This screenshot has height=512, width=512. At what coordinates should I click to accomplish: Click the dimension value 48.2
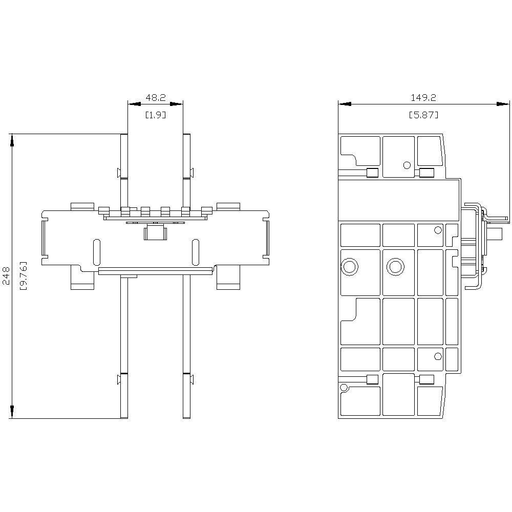[156, 97]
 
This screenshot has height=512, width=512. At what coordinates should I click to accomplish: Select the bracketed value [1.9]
[156, 115]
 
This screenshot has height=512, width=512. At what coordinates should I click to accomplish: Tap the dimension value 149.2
[423, 97]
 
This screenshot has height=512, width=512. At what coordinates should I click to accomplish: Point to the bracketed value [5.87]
[423, 115]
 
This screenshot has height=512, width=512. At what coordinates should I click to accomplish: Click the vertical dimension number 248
[6, 276]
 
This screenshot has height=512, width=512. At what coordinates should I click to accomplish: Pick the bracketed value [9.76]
[24, 275]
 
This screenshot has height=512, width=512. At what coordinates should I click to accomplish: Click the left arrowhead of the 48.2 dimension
[134, 104]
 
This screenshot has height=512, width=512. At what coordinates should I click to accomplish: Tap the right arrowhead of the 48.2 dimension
[176, 104]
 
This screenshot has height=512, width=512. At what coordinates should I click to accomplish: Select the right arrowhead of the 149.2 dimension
[503, 104]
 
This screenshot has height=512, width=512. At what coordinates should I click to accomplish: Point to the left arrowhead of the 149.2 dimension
[345, 104]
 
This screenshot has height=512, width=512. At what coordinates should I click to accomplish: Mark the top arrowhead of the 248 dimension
[12, 140]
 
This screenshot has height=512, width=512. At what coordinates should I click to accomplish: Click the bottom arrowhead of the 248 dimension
[12, 412]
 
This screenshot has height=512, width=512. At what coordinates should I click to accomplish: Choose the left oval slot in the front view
[97, 252]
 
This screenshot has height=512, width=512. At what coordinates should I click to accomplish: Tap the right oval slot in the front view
[195, 252]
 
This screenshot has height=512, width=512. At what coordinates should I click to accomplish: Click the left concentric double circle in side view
[349, 267]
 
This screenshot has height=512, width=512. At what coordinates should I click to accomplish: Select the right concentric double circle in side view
[395, 267]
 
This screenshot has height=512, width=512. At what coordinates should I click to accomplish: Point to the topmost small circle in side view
[407, 165]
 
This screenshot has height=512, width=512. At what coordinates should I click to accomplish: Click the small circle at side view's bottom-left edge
[344, 388]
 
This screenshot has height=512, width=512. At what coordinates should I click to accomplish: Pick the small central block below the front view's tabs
[156, 232]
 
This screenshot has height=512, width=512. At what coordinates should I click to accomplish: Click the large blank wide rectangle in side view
[399, 200]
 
